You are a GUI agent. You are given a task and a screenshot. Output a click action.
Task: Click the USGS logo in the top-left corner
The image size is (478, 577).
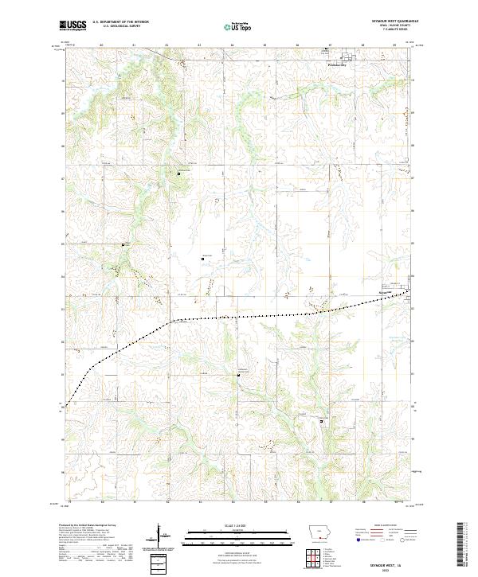[x=74, y=25]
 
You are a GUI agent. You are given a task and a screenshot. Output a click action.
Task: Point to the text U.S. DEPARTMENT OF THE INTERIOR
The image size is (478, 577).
[x=120, y=22]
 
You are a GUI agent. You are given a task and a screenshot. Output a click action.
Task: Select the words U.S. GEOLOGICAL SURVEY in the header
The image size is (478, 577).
[x=115, y=27]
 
